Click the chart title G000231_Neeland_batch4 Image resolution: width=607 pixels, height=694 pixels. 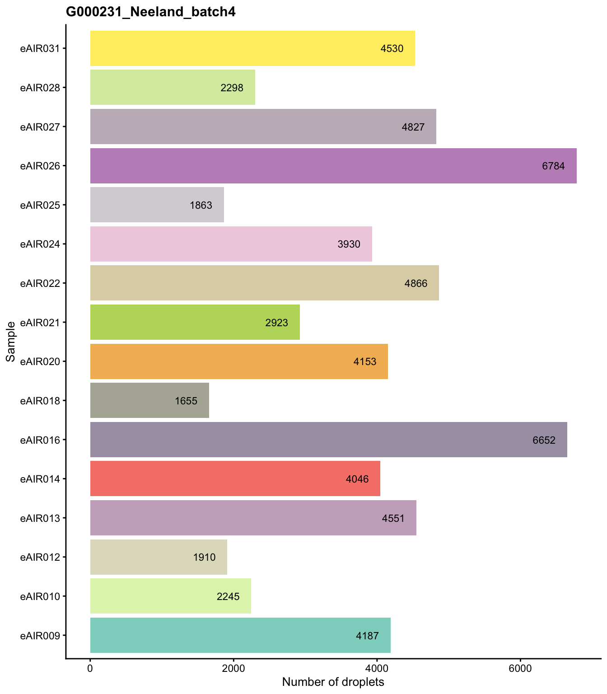[151, 12]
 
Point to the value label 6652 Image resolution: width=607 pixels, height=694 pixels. [544, 440]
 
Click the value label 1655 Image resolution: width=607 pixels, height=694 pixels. [186, 401]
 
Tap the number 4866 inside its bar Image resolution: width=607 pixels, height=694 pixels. [416, 284]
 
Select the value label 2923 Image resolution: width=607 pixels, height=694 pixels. [276, 323]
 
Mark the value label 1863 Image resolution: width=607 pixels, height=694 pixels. [201, 205]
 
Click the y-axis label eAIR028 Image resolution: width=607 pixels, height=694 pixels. [40, 88]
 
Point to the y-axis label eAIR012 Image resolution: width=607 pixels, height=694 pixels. [40, 557]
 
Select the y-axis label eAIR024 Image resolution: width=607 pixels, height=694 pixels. [40, 244]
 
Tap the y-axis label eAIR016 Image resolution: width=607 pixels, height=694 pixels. [40, 440]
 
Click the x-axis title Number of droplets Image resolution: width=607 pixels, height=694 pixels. [333, 682]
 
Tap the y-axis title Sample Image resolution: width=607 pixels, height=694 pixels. [11, 341]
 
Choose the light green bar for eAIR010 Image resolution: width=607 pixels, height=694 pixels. [171, 596]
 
